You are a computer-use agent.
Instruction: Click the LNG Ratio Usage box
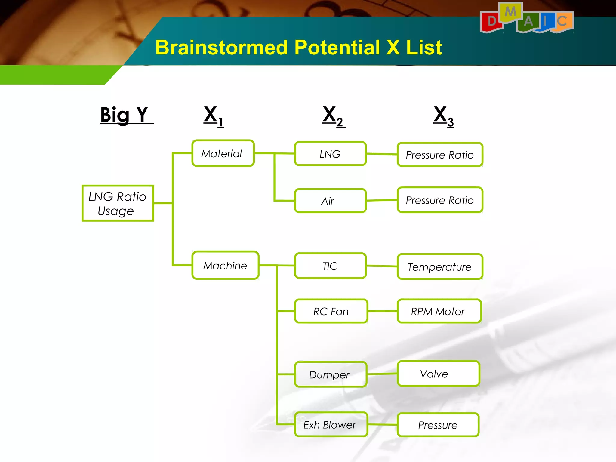[x=118, y=203]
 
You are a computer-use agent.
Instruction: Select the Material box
[x=223, y=153]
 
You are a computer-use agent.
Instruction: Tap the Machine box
[x=225, y=265]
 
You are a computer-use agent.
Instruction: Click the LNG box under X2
[x=330, y=154]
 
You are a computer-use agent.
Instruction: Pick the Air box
[x=330, y=201]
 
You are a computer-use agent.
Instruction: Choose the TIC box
[x=330, y=266]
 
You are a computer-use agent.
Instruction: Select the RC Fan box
[x=331, y=311]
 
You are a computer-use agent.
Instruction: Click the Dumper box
[x=330, y=374]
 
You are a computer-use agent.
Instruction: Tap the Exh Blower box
[x=331, y=424]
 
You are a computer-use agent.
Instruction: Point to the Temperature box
[x=440, y=266]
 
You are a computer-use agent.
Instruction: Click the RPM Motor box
[x=439, y=311]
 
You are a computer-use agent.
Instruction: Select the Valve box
[x=438, y=374]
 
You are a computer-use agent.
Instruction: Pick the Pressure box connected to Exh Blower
[x=438, y=425]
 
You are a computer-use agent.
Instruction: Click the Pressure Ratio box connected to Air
[x=440, y=200]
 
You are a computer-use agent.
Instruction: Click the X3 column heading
[x=443, y=116]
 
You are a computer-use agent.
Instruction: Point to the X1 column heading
[x=214, y=116]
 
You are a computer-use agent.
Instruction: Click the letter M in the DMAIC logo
[x=510, y=12]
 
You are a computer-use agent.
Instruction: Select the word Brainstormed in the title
[x=221, y=48]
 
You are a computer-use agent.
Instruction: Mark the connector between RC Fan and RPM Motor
[x=382, y=311]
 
